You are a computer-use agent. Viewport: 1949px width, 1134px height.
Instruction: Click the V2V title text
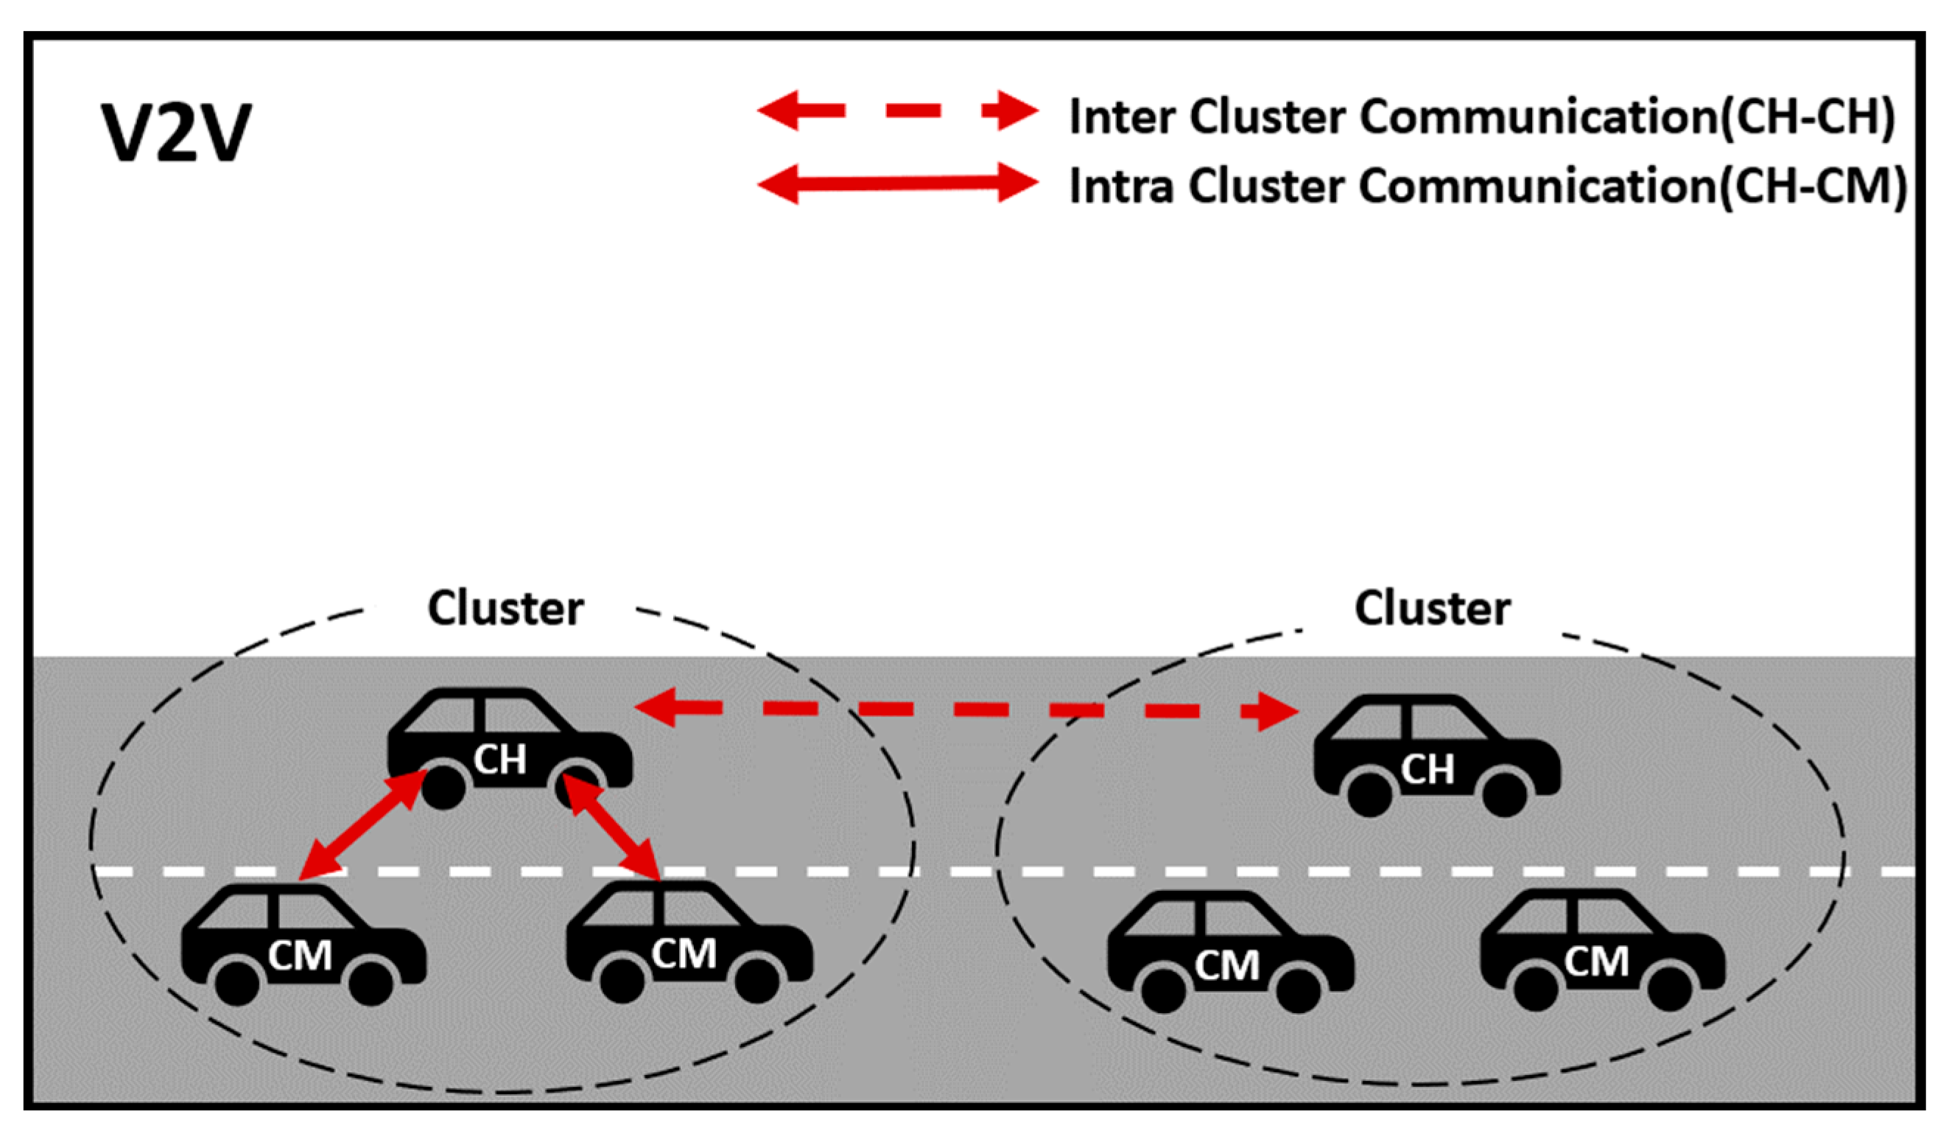pyautogui.click(x=176, y=133)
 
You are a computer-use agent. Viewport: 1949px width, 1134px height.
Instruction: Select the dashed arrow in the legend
pyautogui.click(x=897, y=111)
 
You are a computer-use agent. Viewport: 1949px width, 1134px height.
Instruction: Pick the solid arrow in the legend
pyautogui.click(x=897, y=183)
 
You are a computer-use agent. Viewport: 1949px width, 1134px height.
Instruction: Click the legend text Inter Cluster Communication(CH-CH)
pyautogui.click(x=1481, y=117)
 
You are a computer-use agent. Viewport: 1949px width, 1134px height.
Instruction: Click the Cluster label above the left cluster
pyautogui.click(x=505, y=609)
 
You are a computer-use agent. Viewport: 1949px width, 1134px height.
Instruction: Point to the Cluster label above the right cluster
pyautogui.click(x=1433, y=609)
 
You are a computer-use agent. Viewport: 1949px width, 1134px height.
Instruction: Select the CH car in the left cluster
pyautogui.click(x=510, y=747)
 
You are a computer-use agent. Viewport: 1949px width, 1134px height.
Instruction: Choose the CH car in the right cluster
pyautogui.click(x=1436, y=755)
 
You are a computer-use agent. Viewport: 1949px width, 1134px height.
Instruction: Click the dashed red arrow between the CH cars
pyautogui.click(x=966, y=710)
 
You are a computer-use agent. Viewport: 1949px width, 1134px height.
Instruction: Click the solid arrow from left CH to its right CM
pyautogui.click(x=612, y=827)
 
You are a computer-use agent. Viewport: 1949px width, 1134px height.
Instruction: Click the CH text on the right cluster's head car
pyautogui.click(x=1427, y=770)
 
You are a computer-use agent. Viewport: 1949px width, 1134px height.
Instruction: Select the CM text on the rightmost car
pyautogui.click(x=1596, y=962)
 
